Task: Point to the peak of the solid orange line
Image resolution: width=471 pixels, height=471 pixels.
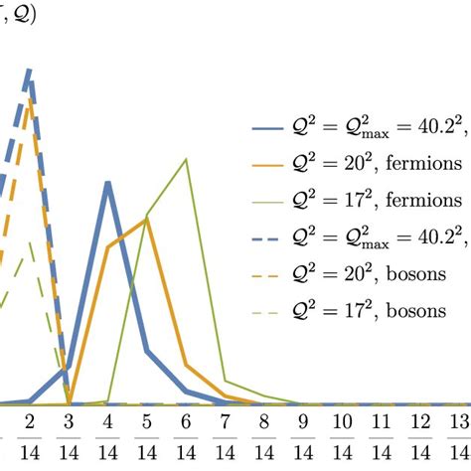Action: pos(147,221)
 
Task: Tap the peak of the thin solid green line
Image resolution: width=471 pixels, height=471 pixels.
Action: pos(186,160)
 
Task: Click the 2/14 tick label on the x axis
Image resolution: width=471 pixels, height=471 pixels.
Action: pos(30,436)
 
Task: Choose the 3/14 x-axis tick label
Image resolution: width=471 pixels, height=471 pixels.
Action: pos(69,436)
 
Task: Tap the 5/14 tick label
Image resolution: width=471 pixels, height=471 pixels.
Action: pos(147,436)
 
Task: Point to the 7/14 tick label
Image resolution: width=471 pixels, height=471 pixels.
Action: pos(225,436)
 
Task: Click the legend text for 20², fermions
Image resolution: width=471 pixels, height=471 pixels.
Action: pos(378,163)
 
